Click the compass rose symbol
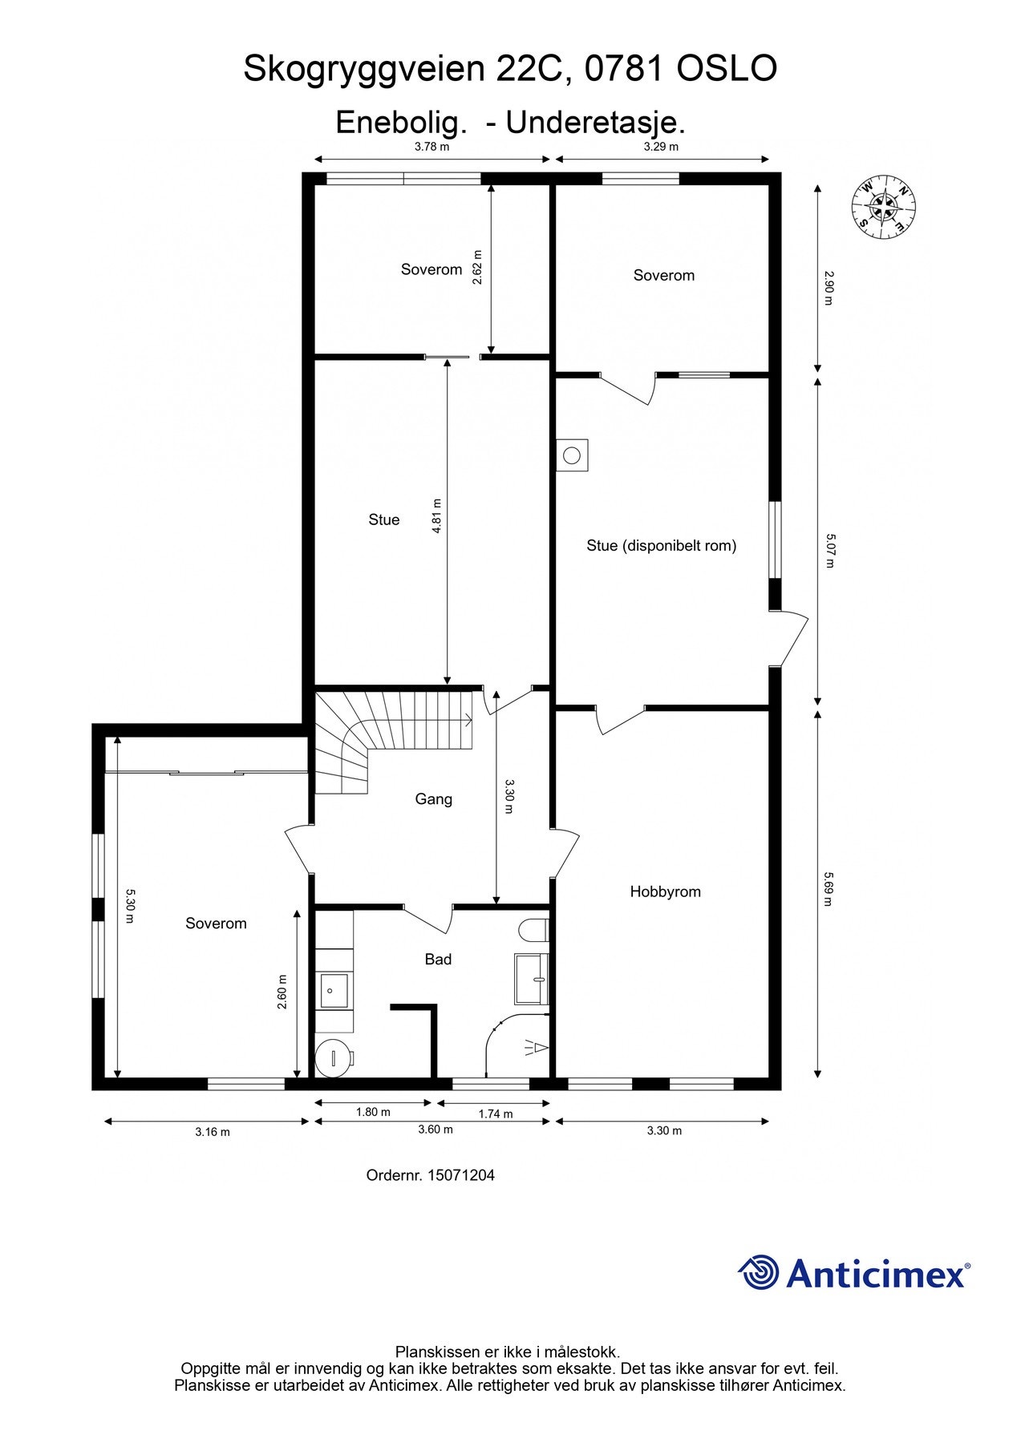coord(883,207)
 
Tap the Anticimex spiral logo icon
coord(758,1272)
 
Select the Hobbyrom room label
coord(665,891)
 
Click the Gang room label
coord(433,799)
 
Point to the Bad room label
coord(438,959)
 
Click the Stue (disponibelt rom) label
coord(662,546)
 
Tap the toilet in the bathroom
coord(534,930)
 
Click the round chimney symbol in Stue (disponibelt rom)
coord(572,455)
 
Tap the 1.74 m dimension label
coord(496,1114)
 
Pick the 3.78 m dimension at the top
coord(431,147)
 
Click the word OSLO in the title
coord(727,69)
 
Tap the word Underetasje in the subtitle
coord(595,123)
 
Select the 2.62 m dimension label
coord(478,267)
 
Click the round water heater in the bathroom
coord(333,1057)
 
